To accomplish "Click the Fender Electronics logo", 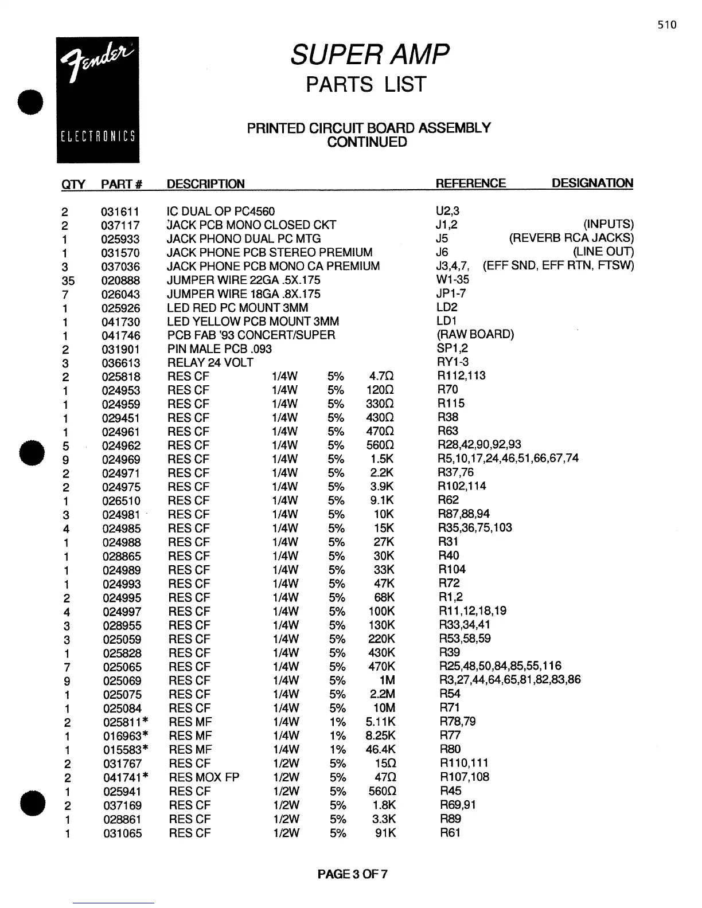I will [97, 100].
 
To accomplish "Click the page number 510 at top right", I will [667, 25].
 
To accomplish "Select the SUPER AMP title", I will [369, 55].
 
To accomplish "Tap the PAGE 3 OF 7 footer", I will [352, 874].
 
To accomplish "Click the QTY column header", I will [73, 184].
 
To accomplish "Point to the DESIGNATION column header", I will [592, 183].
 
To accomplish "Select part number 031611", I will [120, 212].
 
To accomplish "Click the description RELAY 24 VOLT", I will [210, 363].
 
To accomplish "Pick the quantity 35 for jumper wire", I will [68, 280].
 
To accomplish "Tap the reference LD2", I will [447, 307].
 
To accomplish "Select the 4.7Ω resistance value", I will [382, 377].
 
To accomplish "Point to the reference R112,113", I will [461, 375].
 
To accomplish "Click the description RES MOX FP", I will [204, 777].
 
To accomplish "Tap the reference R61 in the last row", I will [450, 832].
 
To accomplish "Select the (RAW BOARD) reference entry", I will [475, 334].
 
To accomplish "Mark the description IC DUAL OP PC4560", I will [220, 212].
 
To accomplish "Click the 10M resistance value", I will [384, 708].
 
